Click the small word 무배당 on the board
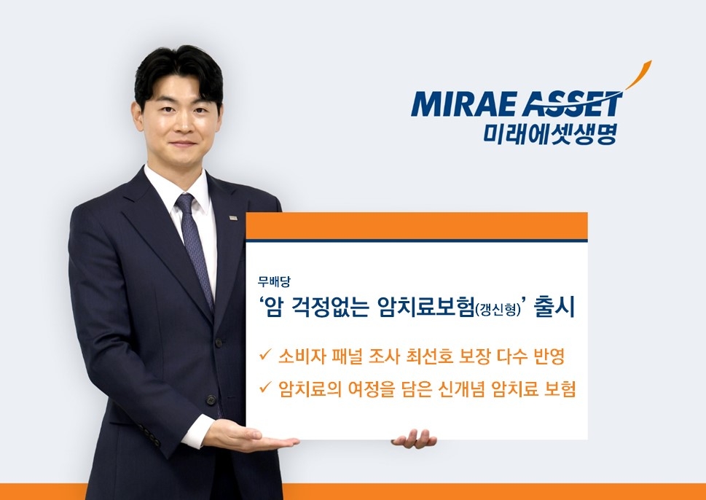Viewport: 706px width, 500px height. [274, 281]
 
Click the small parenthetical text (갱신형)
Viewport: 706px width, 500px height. [497, 310]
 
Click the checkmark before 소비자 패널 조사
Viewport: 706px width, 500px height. [264, 357]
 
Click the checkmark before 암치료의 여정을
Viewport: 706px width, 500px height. [264, 390]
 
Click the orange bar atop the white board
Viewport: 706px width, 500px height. [416, 226]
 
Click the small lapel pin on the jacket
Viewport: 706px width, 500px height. [232, 217]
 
